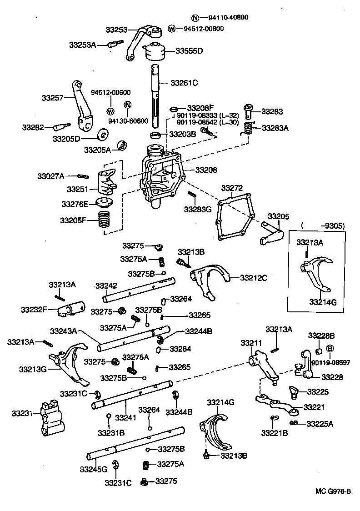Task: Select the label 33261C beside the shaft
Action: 185,83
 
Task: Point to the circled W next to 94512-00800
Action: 171,29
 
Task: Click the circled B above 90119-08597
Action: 330,349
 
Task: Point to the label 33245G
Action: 93,469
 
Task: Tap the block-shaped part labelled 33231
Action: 51,416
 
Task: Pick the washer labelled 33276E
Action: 104,201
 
